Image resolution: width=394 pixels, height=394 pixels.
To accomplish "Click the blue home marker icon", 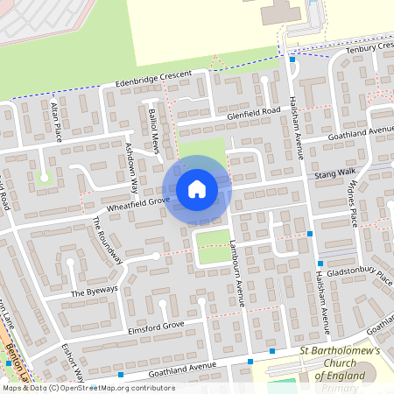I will (x=197, y=189).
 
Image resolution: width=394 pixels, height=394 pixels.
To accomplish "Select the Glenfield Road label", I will (x=253, y=111).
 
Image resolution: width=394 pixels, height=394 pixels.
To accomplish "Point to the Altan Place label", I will (x=56, y=121).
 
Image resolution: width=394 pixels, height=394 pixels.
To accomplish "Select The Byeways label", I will (x=88, y=292).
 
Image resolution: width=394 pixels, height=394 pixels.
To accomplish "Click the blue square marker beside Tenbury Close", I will (x=292, y=60).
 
